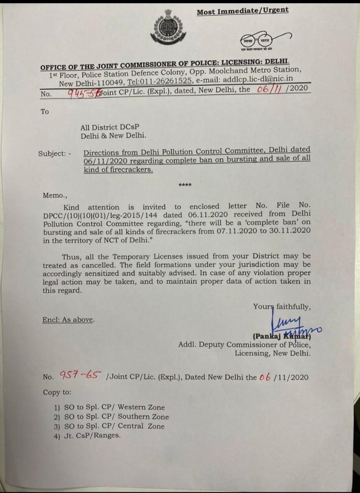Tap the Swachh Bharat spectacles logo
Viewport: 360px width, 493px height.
(256, 40)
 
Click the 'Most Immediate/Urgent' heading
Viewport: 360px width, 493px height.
(242, 11)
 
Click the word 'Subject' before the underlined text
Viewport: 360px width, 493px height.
(52, 153)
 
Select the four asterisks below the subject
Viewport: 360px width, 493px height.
(185, 186)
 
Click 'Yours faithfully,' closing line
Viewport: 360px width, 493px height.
(281, 307)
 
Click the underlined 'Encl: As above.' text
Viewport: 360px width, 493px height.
(68, 319)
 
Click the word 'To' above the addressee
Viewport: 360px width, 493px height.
(45, 112)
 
